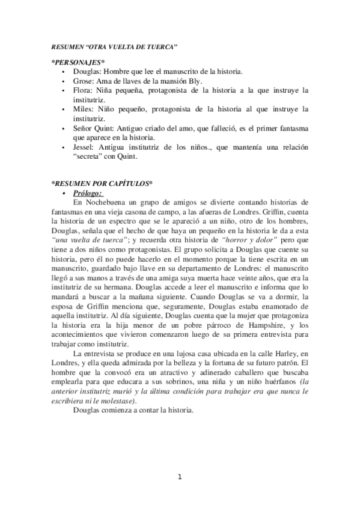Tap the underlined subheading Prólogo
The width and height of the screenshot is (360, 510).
88,192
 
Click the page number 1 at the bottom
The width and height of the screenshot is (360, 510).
179,478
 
